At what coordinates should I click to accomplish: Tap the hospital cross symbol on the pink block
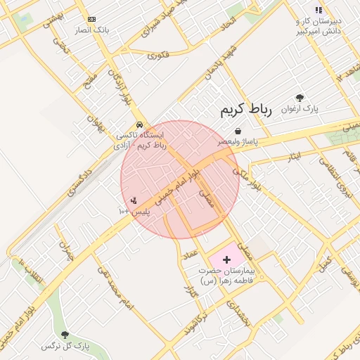tap(226, 259)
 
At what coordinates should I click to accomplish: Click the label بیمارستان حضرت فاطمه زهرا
tap(228, 275)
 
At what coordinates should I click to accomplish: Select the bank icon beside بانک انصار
tap(91, 20)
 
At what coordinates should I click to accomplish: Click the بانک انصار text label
tap(91, 31)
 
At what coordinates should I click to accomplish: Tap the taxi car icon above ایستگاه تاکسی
tap(139, 124)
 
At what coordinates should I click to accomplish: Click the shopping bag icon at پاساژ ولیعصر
tap(238, 131)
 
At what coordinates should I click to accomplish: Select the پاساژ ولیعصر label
tap(237, 141)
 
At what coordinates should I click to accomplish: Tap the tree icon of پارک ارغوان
tap(300, 98)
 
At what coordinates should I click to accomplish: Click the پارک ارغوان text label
tap(300, 109)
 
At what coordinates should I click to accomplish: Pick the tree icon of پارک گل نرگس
tap(65, 335)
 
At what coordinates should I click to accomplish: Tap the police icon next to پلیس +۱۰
tap(134, 201)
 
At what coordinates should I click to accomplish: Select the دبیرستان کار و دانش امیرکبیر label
tap(319, 26)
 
